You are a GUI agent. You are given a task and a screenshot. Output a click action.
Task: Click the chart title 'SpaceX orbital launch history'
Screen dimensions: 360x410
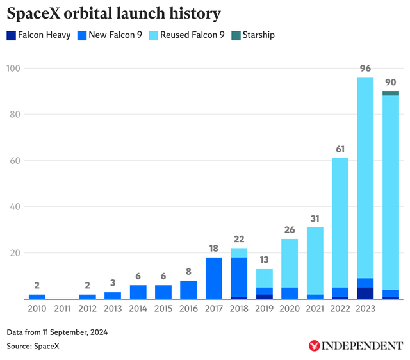(x=114, y=13)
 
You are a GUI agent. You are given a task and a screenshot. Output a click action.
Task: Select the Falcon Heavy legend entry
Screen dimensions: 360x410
(x=38, y=35)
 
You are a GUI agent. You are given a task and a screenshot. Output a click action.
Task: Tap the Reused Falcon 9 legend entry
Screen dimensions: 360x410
(x=186, y=35)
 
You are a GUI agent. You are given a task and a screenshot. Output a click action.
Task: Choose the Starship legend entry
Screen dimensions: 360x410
(x=252, y=35)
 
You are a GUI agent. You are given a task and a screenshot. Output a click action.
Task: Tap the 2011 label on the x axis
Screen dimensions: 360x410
(x=62, y=309)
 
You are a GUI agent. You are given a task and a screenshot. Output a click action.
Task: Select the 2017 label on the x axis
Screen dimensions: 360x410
(x=213, y=309)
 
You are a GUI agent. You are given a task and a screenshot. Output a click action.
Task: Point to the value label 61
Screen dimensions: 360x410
(x=340, y=149)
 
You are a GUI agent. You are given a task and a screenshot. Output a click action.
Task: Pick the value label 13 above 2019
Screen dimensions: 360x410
(x=264, y=259)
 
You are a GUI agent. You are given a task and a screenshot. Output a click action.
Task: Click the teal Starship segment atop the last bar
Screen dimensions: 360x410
(x=390, y=94)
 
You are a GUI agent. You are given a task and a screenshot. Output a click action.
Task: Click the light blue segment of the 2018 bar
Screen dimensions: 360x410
(x=238, y=252)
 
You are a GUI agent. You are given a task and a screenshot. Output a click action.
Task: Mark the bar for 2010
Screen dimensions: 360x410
(x=37, y=297)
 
